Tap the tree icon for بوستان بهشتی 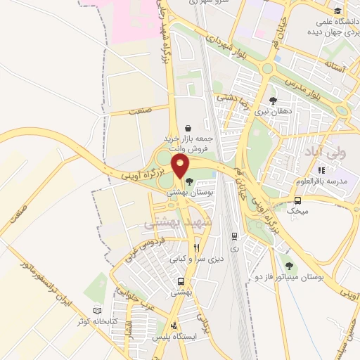coord(189,182)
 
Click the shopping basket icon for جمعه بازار coord(188,128)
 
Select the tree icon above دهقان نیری coord(273,101)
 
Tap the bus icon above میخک coord(298,200)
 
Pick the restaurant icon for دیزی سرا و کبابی coord(197,247)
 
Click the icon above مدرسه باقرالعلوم coord(321,169)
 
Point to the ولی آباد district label coord(323,151)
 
